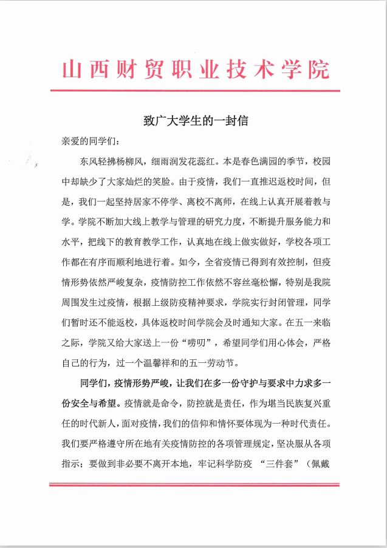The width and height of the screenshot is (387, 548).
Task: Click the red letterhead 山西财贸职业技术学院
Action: [196, 69]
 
